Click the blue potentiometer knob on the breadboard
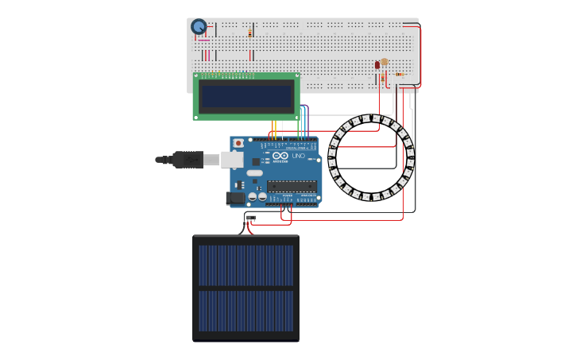tap(199, 27)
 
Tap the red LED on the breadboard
tap(377, 65)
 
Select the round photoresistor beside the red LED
tap(385, 62)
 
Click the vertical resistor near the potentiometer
tap(250, 33)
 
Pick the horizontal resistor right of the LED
tap(400, 75)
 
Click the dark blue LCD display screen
tap(246, 96)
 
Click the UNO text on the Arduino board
tap(299, 156)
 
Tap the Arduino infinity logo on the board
tap(280, 156)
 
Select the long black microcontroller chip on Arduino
tap(292, 187)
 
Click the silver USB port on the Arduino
tap(232, 160)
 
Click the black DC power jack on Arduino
tap(235, 198)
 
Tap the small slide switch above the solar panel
tap(251, 218)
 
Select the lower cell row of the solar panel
tap(245, 311)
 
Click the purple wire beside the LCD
tap(307, 119)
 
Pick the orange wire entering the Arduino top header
tap(273, 129)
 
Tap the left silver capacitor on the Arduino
tap(253, 196)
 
